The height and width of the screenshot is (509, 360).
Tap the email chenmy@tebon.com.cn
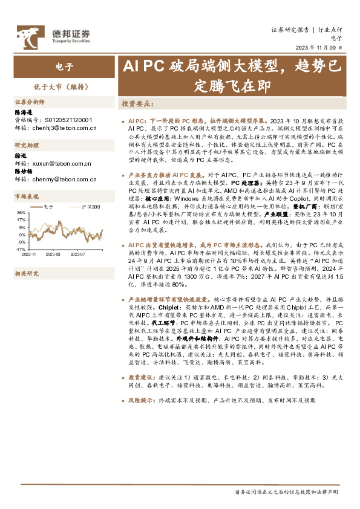click(x=63, y=179)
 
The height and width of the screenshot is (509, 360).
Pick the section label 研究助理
click(x=25, y=145)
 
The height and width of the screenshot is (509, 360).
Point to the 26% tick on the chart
click(x=20, y=213)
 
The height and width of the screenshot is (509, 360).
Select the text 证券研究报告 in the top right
click(x=290, y=29)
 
